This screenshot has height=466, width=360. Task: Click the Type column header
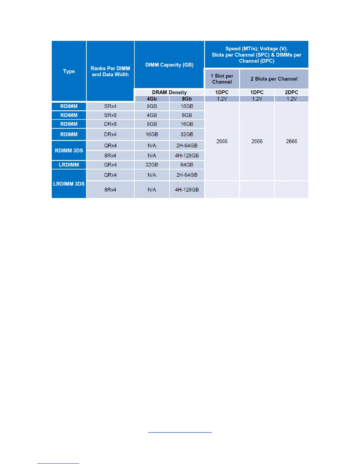coord(69,71)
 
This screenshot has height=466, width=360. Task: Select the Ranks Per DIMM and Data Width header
coord(110,71)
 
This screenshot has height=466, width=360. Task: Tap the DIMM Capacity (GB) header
coord(169,65)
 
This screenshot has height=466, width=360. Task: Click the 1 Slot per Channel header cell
coord(222,79)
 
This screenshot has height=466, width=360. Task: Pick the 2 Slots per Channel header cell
coord(274,79)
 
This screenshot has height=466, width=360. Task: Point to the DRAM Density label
coord(169,92)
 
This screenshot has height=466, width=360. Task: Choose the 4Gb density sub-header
coord(152,99)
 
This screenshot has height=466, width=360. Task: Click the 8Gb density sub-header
coord(187,99)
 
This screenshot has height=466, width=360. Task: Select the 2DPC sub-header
coord(291,92)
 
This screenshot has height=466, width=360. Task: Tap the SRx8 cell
coord(110,115)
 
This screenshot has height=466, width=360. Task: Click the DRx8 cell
coord(110,124)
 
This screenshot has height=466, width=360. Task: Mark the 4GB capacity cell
coord(152,115)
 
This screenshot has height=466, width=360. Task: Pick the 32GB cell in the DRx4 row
coord(187,134)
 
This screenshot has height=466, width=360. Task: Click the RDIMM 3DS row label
coord(69,150)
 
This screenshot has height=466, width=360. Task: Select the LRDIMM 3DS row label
coord(69,184)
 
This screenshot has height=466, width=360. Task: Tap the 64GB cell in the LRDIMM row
coord(187,165)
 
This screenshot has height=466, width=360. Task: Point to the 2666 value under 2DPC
coord(291,142)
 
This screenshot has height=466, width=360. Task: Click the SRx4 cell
coord(110,106)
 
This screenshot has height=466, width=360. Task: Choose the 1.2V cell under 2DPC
coord(291,99)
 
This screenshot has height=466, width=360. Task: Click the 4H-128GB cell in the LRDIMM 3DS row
coord(187,190)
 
